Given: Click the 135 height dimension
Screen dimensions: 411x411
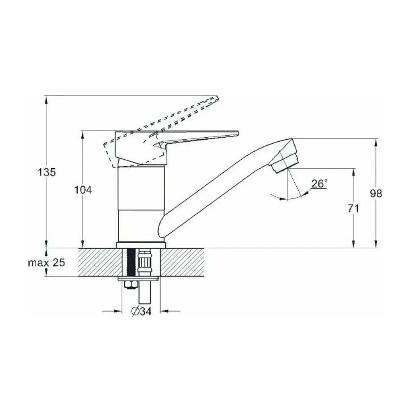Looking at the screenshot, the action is (x=47, y=173).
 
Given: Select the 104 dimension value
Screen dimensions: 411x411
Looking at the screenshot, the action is (x=83, y=190).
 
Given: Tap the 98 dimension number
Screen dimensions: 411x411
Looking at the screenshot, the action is (x=376, y=194).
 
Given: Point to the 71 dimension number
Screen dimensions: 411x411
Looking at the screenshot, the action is (x=353, y=208).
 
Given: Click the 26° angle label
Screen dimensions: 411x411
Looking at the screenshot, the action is (x=319, y=184).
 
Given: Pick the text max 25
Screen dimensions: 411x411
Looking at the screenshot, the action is (x=46, y=262).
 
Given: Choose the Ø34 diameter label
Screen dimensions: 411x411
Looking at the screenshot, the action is (x=141, y=311).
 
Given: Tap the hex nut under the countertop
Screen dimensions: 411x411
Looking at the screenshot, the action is (x=130, y=285).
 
